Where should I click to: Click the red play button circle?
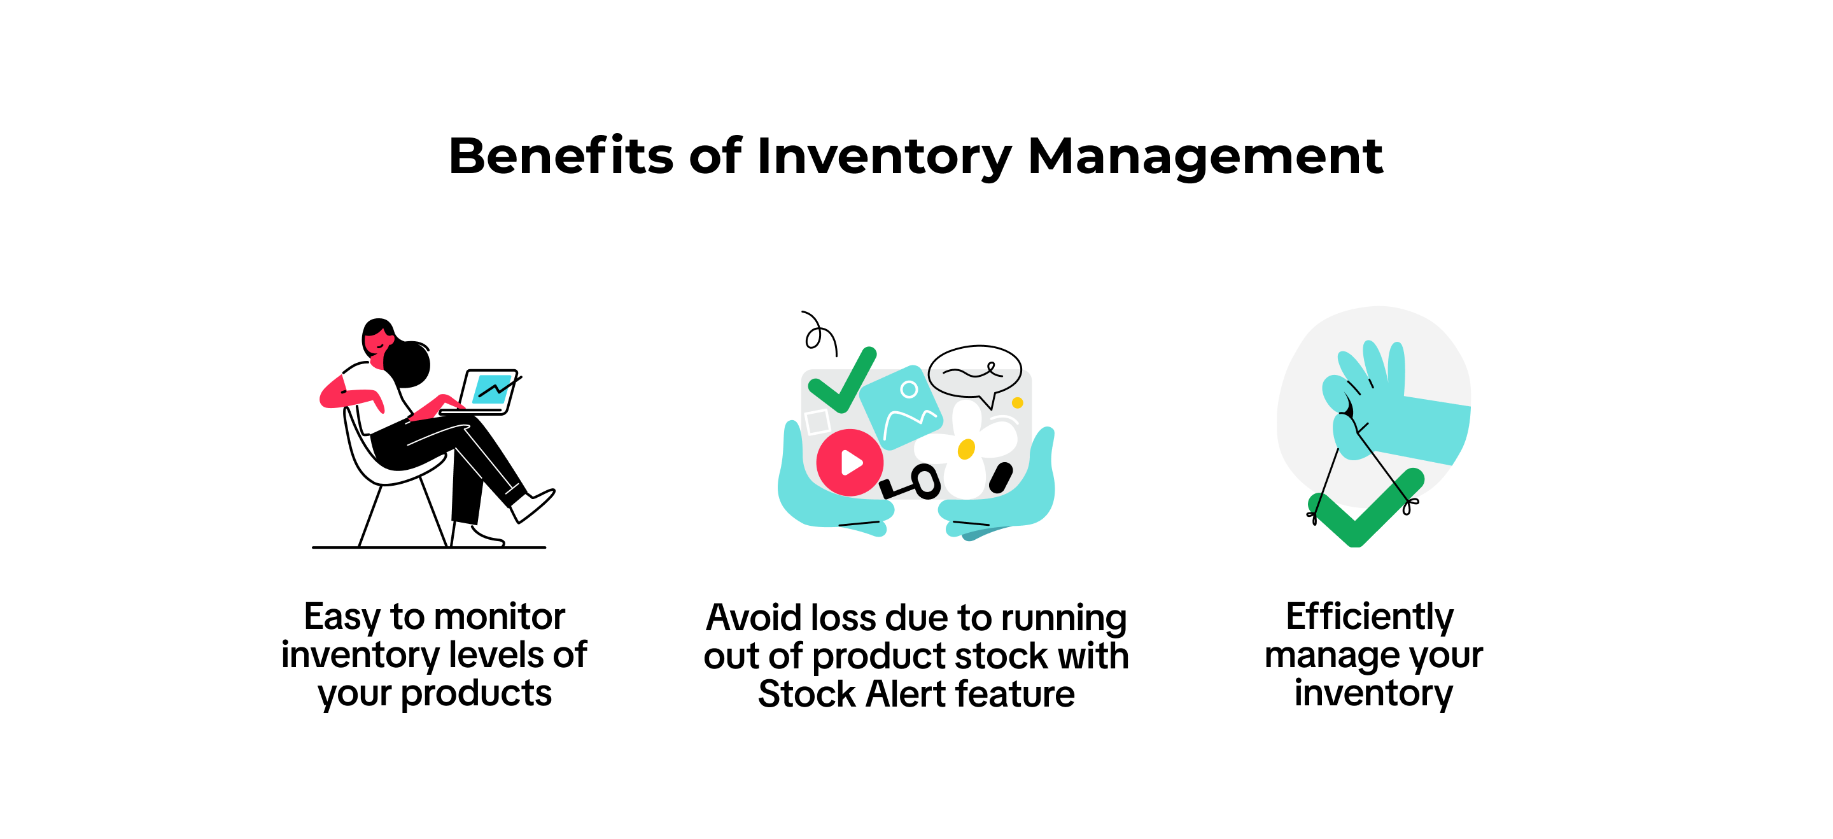pyautogui.click(x=849, y=463)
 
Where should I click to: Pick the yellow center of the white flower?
pyautogui.click(x=966, y=449)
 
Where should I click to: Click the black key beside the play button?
pyautogui.click(x=910, y=483)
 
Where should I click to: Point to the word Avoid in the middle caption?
pyautogui.click(x=752, y=617)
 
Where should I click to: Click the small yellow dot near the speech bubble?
pyautogui.click(x=1018, y=403)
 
